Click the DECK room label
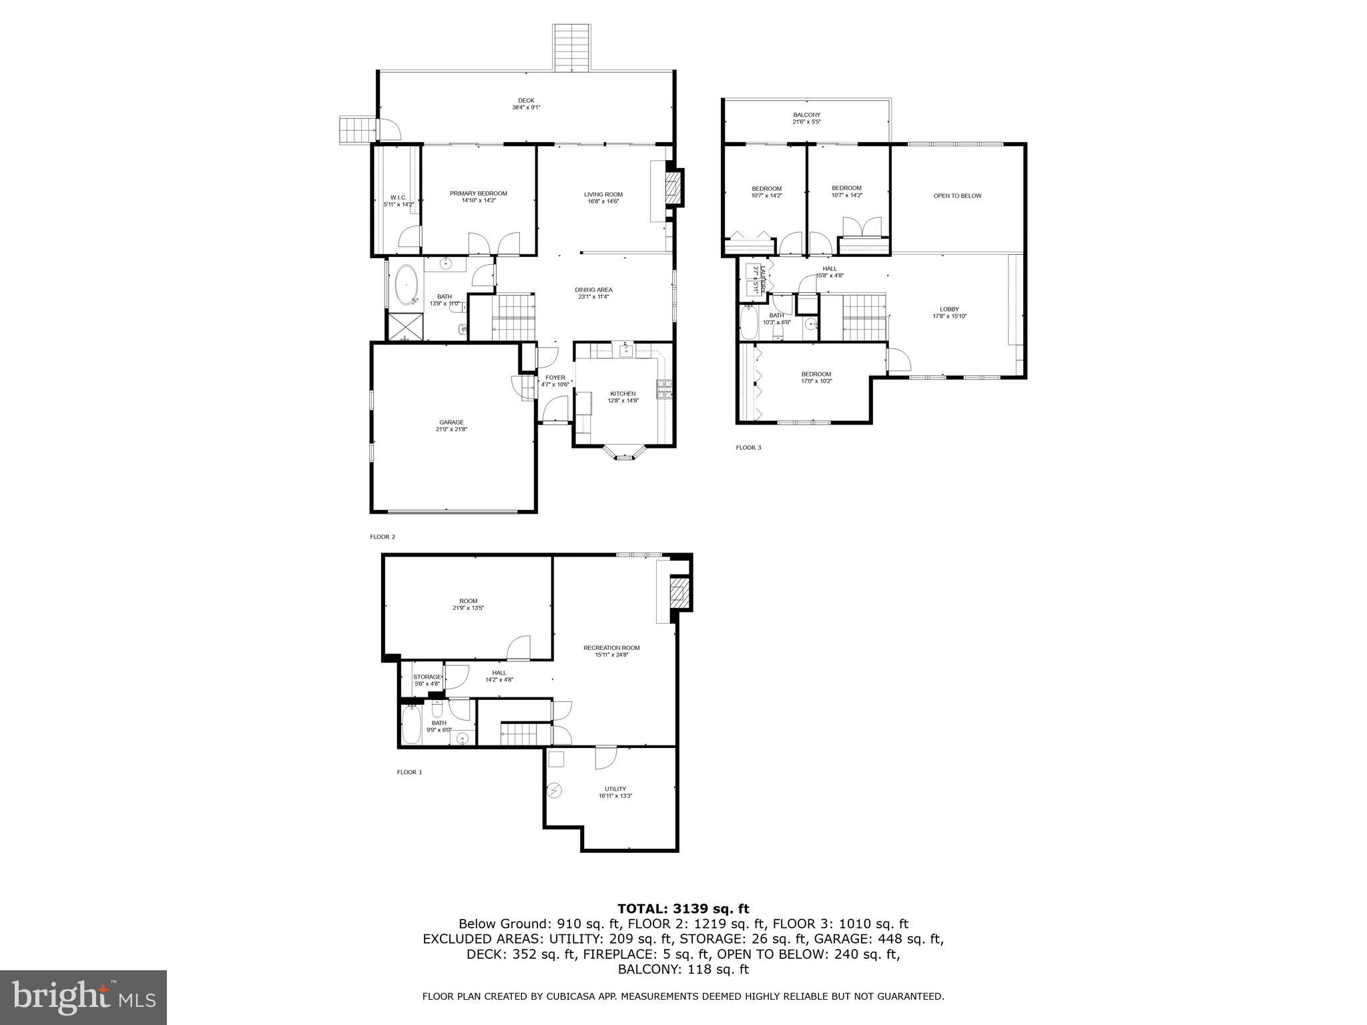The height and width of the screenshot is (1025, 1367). point(526,101)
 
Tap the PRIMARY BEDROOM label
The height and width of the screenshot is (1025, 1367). point(478,194)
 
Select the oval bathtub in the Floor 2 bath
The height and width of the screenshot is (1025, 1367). point(406,286)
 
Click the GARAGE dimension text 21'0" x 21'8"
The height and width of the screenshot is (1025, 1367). point(451,430)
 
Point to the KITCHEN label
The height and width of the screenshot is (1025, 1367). point(623,394)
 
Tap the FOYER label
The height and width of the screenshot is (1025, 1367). point(555,378)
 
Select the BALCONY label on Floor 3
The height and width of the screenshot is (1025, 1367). point(806,115)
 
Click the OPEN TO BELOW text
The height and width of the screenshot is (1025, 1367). point(957,196)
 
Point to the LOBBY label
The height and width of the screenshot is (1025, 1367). point(949,309)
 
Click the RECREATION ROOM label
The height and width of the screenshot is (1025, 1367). point(611,648)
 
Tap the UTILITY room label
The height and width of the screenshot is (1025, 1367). point(615,789)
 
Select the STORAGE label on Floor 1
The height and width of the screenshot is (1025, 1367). point(427,677)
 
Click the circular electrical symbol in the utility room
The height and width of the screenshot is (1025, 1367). point(554,791)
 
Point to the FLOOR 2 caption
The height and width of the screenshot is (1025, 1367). point(382,537)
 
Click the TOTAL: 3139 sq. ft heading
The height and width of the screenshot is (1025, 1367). point(683,909)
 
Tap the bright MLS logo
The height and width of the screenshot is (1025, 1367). point(83,997)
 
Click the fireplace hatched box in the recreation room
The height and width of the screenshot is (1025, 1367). point(678,592)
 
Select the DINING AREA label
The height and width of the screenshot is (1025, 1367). point(593,290)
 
